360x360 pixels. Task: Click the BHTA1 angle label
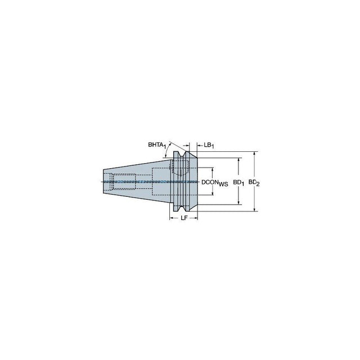[x=157, y=145]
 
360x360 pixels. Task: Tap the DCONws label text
[x=215, y=183]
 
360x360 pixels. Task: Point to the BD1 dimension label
[x=238, y=183]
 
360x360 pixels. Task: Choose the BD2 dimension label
[x=254, y=183]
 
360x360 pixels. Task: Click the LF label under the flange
[x=184, y=218]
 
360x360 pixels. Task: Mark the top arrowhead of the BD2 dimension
[x=254, y=154]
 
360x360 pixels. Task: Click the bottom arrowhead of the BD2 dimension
[x=254, y=209]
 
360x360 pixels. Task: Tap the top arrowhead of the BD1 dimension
[x=238, y=160]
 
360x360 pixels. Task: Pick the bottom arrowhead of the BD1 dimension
[x=238, y=202]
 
